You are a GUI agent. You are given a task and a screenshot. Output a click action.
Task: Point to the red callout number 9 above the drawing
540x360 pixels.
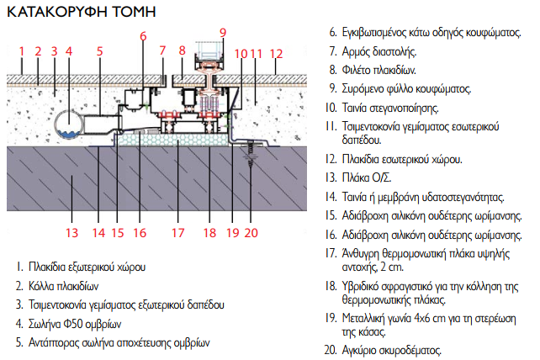click(222, 33)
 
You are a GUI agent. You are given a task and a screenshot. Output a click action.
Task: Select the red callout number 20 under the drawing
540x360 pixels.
click(251, 233)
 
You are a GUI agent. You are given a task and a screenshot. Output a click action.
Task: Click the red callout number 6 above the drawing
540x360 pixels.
click(143, 36)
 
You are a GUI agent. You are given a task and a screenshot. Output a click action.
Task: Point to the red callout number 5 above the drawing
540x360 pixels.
click(99, 51)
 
